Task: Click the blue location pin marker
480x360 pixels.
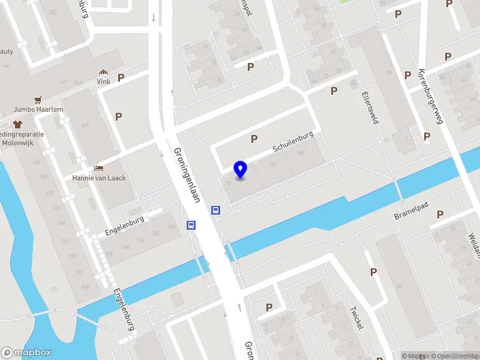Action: click(241, 170)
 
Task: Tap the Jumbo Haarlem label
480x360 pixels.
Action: click(39, 110)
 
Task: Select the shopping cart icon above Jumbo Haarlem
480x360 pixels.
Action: click(39, 99)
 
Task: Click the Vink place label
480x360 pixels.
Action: click(104, 82)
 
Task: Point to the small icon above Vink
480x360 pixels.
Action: click(104, 71)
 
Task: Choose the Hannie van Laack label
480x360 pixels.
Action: click(99, 178)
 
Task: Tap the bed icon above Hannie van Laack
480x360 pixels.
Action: click(99, 167)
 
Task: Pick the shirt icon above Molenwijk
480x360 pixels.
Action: click(17, 124)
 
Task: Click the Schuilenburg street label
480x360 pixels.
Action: click(293, 142)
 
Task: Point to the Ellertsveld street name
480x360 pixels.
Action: click(370, 107)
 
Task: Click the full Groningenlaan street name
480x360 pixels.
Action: click(187, 175)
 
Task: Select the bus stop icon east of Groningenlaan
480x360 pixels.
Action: click(215, 210)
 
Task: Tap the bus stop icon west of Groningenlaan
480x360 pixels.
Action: click(191, 226)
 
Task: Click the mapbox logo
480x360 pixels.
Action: click(26, 353)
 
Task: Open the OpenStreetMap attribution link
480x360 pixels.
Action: click(451, 356)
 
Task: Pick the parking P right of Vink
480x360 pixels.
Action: click(121, 77)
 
